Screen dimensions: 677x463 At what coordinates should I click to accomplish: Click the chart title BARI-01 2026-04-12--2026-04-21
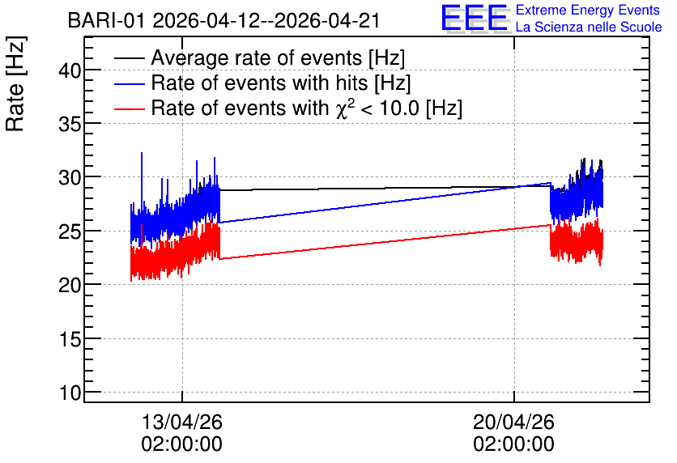point(224,20)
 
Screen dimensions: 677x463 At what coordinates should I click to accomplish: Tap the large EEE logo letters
point(475,18)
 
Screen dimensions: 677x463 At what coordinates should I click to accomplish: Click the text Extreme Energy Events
point(588,10)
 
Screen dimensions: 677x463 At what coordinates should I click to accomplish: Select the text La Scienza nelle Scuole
point(589,27)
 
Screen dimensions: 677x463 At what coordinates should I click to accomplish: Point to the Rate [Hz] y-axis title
point(15,83)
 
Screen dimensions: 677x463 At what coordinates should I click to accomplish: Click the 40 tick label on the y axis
point(70,70)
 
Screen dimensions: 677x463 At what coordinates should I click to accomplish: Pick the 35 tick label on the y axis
point(70,124)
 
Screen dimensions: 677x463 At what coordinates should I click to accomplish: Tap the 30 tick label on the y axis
point(70,177)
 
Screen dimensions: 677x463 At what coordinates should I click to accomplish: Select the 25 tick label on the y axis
point(70,231)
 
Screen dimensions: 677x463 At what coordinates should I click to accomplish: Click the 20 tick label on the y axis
point(70,285)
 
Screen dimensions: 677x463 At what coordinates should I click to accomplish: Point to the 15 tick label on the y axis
point(70,339)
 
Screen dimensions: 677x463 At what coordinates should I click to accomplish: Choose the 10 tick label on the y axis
point(70,393)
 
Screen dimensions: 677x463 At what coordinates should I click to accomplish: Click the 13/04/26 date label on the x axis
point(181,422)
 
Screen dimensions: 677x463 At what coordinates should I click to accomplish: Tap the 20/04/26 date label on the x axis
point(513,422)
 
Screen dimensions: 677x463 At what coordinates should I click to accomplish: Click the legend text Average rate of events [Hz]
point(278,57)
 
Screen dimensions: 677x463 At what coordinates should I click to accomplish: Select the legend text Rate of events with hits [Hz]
point(281,83)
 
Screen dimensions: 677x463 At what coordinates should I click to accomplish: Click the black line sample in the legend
point(129,58)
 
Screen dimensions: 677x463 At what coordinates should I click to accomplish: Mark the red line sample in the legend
point(129,108)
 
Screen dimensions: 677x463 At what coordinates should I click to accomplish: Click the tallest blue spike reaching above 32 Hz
point(142,154)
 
